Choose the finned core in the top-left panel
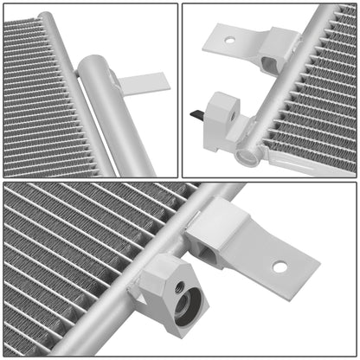coord(35,95)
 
